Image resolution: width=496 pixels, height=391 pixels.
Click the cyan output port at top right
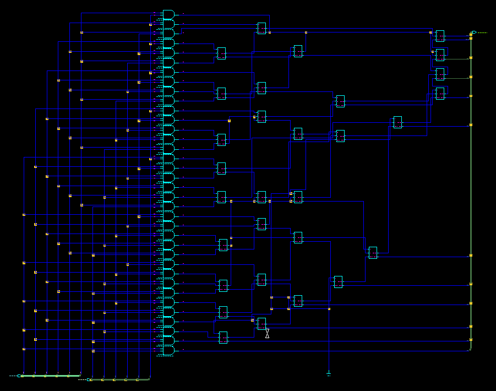473,32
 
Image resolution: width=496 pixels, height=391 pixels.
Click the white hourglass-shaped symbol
268,333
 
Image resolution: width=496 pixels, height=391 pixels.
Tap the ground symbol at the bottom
329,374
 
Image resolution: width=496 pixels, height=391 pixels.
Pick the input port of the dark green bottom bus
89,379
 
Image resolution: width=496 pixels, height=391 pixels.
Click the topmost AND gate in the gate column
168,14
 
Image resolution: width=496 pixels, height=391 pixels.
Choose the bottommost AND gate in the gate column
168,350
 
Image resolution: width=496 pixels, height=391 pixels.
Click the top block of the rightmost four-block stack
440,36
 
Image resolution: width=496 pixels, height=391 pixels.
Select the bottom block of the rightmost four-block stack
440,93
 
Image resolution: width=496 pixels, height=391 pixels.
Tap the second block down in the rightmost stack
440,55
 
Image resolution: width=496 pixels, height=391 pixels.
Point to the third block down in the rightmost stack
440,74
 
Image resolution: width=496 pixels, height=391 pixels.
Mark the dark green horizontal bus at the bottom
121,379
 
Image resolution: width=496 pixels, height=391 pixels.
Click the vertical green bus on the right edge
471,193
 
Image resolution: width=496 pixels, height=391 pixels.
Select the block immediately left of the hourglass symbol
261,324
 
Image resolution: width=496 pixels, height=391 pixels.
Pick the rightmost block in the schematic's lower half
373,253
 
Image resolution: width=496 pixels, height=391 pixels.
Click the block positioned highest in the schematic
261,28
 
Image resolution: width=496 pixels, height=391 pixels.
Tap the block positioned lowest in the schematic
223,338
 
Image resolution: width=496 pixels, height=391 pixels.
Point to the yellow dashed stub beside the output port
482,32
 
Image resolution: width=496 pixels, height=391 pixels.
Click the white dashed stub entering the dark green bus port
83,379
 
